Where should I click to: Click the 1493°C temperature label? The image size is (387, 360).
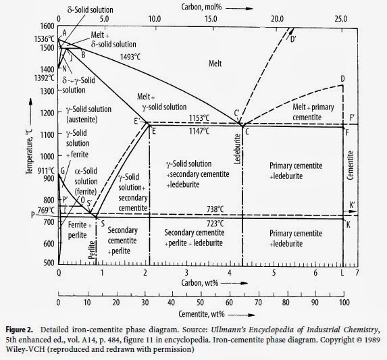pos(130,57)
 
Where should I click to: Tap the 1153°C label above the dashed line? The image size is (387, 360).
pos(199,118)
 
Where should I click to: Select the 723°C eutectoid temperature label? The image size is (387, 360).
pos(215,224)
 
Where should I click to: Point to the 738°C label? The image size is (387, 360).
pos(215,209)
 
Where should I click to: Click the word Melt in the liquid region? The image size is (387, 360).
pos(215,63)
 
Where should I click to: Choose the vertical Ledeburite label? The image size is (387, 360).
pos(237,149)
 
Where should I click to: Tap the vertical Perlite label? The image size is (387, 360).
pos(92,250)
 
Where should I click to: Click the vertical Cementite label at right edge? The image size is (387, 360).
pos(351,165)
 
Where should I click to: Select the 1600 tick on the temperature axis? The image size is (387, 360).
pos(47,26)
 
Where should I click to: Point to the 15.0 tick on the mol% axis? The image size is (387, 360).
pos(211,19)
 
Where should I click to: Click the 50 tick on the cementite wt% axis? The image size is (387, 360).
pos(200,303)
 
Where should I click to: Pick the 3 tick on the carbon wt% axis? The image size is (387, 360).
pos(186,273)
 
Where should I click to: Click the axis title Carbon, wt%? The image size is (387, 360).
pos(200,283)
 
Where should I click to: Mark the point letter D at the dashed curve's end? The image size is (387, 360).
pos(342,79)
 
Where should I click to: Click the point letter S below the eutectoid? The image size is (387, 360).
pos(103,224)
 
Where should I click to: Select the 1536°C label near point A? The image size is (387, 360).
pos(44,39)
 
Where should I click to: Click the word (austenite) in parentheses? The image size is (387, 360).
pos(82,120)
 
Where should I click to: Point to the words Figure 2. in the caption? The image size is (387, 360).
pos(20,330)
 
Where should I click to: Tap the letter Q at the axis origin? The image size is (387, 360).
pos(59,273)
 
